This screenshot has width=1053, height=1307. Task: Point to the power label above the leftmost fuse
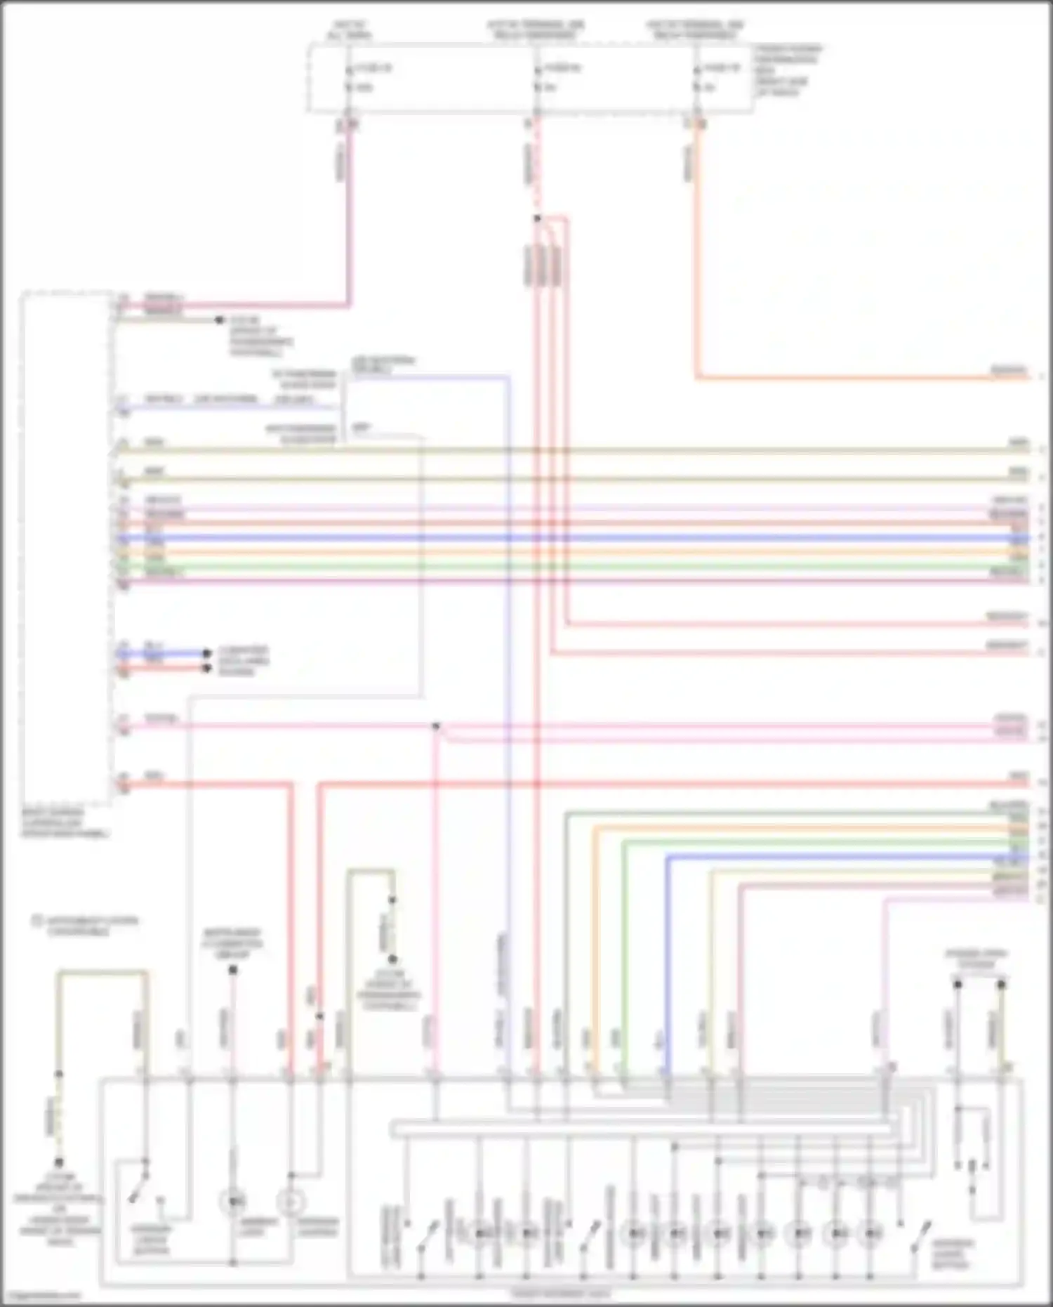click(x=350, y=29)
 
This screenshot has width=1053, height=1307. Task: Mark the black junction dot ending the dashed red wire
click(x=537, y=218)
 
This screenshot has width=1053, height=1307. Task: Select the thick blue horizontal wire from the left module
click(x=562, y=539)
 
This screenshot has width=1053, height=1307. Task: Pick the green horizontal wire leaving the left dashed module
click(x=562, y=567)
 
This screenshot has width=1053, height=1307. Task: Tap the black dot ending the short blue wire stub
click(x=206, y=653)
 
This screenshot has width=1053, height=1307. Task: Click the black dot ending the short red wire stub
click(x=206, y=668)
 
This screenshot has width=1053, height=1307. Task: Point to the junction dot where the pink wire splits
click(x=436, y=726)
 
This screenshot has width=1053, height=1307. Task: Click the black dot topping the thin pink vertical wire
click(x=233, y=970)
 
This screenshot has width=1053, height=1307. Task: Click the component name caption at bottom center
click(x=560, y=1294)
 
